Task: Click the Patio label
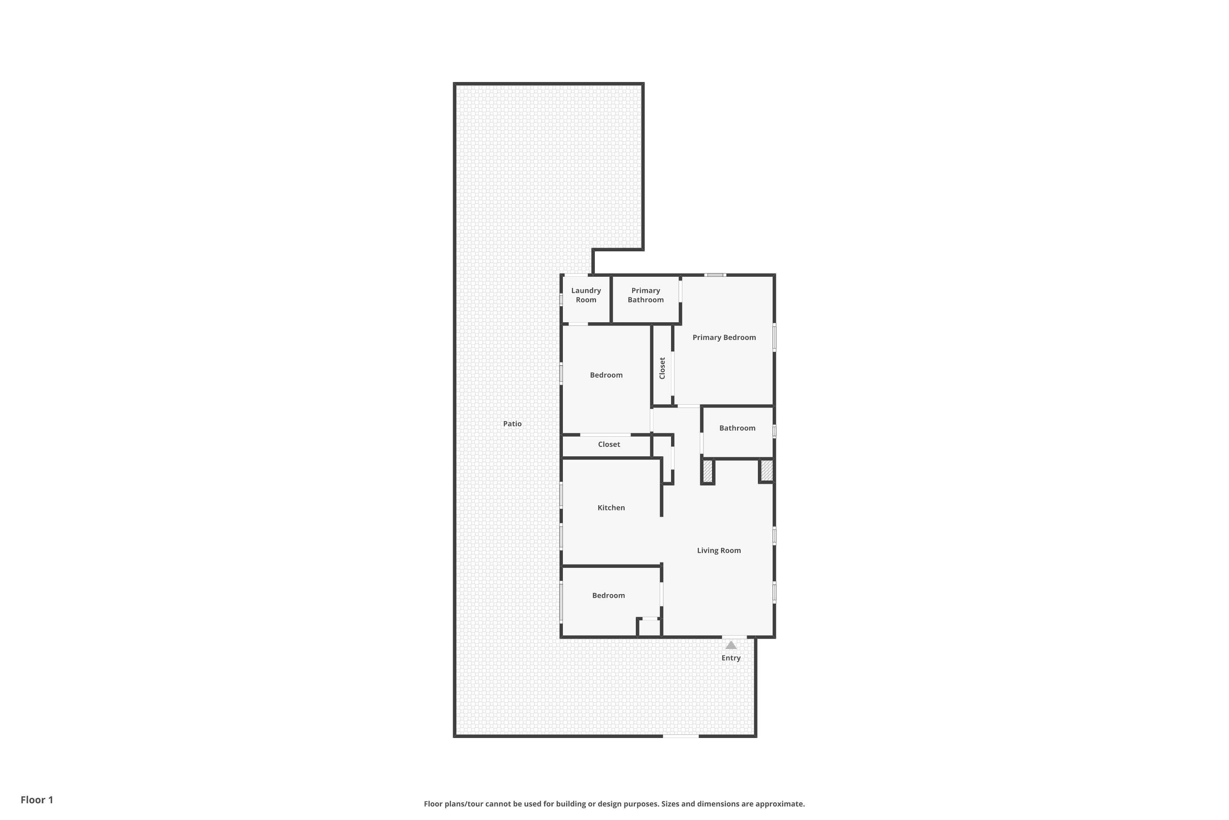(512, 424)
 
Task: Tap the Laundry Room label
(586, 295)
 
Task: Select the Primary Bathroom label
(645, 295)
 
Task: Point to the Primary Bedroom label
(724, 337)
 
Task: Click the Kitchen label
(611, 507)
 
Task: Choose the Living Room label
(719, 550)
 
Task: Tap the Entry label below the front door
(730, 658)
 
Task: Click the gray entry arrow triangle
(730, 645)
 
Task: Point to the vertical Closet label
(662, 368)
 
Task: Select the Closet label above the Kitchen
(609, 444)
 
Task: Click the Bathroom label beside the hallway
(737, 428)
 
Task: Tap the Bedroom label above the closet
(606, 375)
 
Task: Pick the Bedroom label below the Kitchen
(608, 595)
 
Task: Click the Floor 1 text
(36, 799)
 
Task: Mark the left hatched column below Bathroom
(707, 471)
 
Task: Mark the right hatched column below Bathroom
(766, 470)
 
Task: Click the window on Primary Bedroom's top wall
(714, 275)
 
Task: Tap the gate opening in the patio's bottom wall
(681, 736)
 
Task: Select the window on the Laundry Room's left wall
(561, 300)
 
